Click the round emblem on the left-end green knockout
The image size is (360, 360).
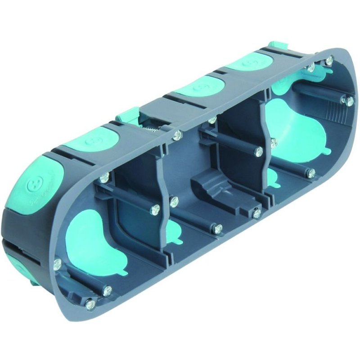point(34,184)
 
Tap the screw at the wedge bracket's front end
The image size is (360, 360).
point(257,213)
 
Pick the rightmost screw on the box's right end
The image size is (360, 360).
point(349,101)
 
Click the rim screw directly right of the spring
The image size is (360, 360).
point(178,134)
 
